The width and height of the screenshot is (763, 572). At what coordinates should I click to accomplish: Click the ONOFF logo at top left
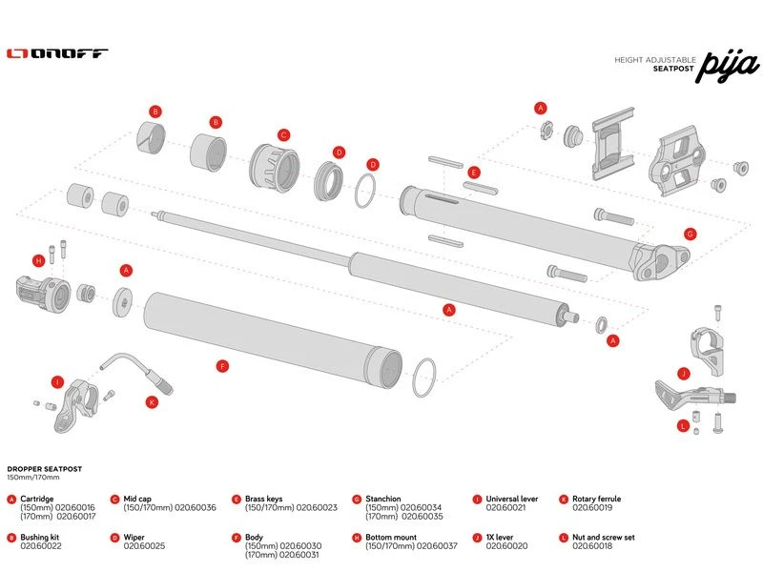click(57, 54)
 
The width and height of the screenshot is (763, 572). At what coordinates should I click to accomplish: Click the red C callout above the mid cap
click(283, 134)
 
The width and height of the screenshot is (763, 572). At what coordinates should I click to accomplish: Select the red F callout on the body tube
click(222, 365)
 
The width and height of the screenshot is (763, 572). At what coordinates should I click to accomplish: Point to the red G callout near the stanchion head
click(689, 233)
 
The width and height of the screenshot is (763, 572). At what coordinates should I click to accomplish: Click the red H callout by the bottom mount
click(39, 259)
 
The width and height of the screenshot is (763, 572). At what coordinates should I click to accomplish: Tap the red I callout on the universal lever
click(58, 382)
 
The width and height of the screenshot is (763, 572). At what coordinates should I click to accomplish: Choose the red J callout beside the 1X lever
click(683, 373)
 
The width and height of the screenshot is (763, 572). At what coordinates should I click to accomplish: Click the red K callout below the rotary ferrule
click(151, 402)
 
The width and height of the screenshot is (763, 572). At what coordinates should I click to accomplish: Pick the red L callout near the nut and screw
click(683, 426)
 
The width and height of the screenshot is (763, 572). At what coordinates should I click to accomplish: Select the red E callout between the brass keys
click(473, 172)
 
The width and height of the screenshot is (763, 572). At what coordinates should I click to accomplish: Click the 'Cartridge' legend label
click(38, 499)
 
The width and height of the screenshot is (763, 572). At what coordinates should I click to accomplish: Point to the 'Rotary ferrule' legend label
click(597, 499)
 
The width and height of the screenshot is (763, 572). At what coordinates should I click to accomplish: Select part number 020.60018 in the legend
click(592, 545)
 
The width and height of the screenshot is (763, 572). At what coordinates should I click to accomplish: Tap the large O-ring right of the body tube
click(425, 379)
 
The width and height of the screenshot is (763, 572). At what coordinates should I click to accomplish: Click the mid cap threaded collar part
click(275, 169)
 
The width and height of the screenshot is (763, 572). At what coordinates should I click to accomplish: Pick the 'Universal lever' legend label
click(512, 499)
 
